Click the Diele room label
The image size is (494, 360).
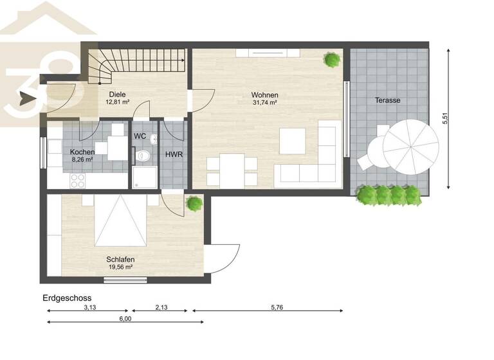coord(117,94)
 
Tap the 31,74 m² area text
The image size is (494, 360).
coord(264,102)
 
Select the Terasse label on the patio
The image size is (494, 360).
coord(388,100)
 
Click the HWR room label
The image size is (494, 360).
coord(173,155)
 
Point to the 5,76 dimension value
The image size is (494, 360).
coord(277,307)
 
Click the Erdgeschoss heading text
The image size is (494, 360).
coord(67,298)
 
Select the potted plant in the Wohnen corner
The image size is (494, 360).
coord(333,60)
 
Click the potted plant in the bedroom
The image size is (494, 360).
coord(193,203)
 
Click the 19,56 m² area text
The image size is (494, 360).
coord(120,267)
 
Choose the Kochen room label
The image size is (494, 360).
coord(82,152)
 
